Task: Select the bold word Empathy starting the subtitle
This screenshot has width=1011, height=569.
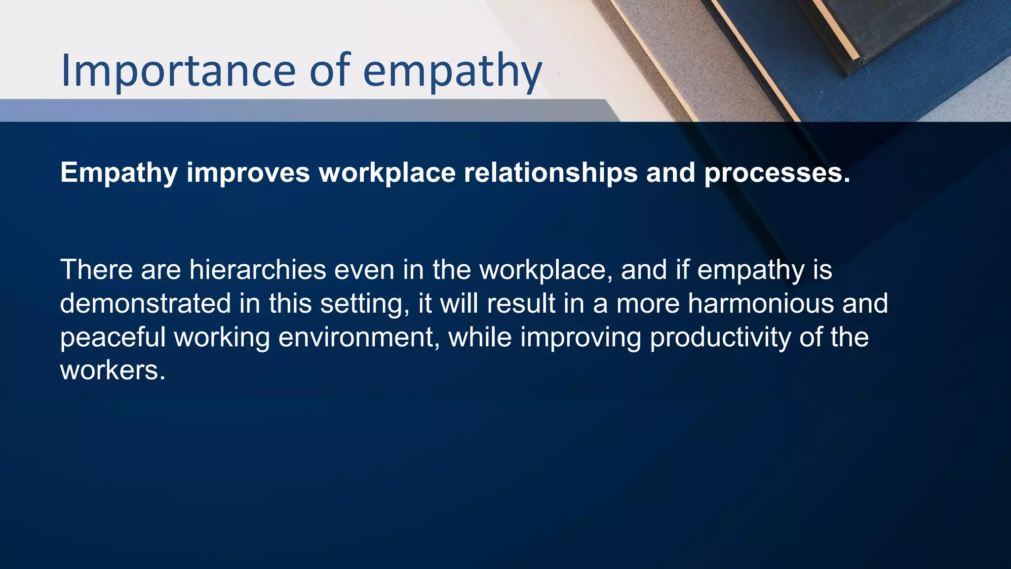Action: [118, 173]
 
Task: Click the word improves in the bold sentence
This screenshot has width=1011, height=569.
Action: [248, 173]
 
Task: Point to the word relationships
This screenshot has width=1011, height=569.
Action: [550, 173]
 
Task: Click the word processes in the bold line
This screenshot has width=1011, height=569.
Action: [777, 173]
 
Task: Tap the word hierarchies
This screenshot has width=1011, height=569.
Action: [258, 270]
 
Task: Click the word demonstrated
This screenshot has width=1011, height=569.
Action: [145, 303]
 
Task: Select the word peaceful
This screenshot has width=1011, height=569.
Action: [113, 337]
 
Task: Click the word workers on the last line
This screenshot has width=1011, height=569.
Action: [113, 370]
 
